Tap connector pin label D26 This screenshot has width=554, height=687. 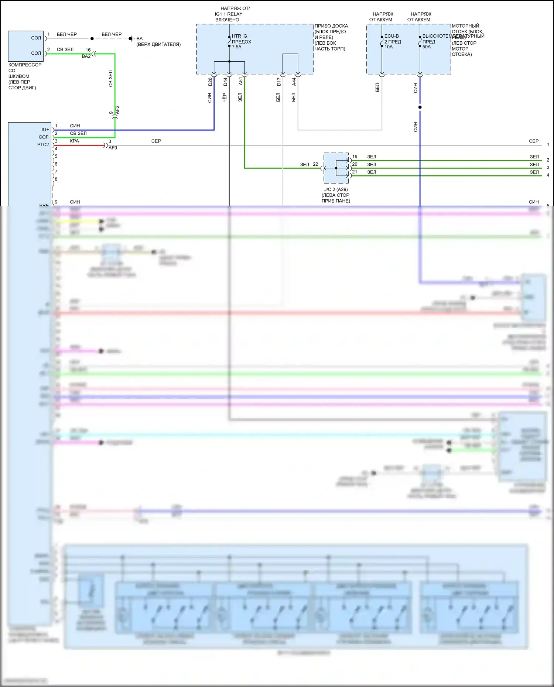[210, 82]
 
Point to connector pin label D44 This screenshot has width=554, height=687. [225, 82]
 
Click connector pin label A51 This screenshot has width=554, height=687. [241, 81]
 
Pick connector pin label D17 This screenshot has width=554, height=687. [279, 82]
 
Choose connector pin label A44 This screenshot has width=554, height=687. [294, 82]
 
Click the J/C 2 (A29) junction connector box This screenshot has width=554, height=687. [336, 168]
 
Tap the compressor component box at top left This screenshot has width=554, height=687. [26, 46]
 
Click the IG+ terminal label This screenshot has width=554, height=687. [45, 130]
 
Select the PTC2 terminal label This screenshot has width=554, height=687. [43, 145]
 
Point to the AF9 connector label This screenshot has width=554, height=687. [113, 148]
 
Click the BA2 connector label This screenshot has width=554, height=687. [86, 56]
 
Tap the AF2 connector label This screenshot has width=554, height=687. [117, 110]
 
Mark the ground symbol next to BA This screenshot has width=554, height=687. [131, 38]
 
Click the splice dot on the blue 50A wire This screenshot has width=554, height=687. [420, 107]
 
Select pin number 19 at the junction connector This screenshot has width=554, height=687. [355, 157]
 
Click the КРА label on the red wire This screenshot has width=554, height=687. [74, 141]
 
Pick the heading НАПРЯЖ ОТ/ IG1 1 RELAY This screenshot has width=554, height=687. [233, 14]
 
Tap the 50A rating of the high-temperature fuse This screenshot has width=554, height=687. [427, 47]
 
